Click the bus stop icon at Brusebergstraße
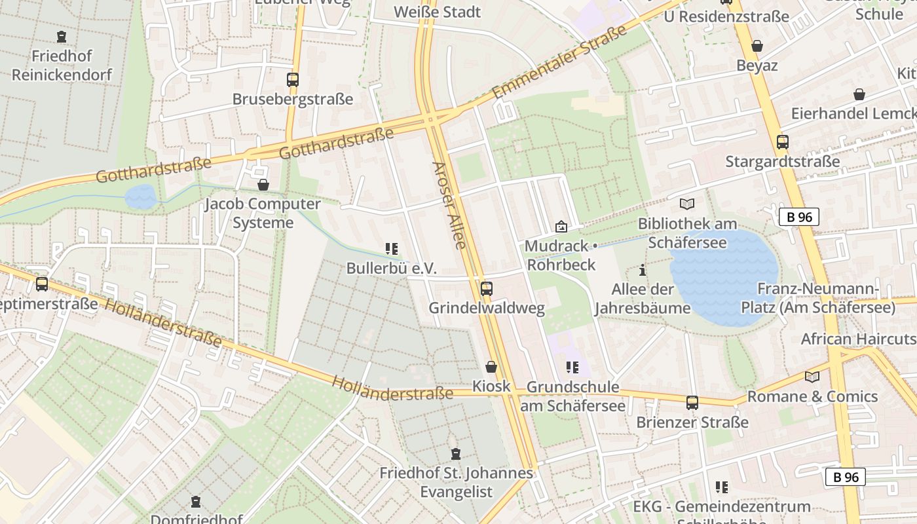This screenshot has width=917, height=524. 293,80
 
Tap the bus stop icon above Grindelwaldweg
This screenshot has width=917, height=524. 486,288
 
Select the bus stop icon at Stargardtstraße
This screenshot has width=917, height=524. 782,142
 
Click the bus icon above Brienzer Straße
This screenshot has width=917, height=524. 692,403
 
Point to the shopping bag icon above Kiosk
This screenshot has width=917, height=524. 491,367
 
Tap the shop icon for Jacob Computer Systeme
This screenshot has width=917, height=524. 263,185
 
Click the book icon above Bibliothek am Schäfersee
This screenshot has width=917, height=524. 687,204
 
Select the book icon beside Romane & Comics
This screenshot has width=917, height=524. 812,377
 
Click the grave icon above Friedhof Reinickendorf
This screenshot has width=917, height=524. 62,37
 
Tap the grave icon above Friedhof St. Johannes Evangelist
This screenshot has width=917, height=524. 456,453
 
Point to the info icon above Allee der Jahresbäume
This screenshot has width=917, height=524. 643,270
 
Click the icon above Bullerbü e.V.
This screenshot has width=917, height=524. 392,249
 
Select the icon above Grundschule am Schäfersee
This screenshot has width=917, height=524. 572,367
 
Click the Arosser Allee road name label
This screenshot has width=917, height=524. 449,205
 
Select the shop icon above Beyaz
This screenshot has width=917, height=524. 757,46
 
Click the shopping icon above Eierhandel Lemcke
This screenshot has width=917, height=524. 859,95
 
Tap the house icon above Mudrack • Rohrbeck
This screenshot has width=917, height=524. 561,227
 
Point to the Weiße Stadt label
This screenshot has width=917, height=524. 438,12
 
